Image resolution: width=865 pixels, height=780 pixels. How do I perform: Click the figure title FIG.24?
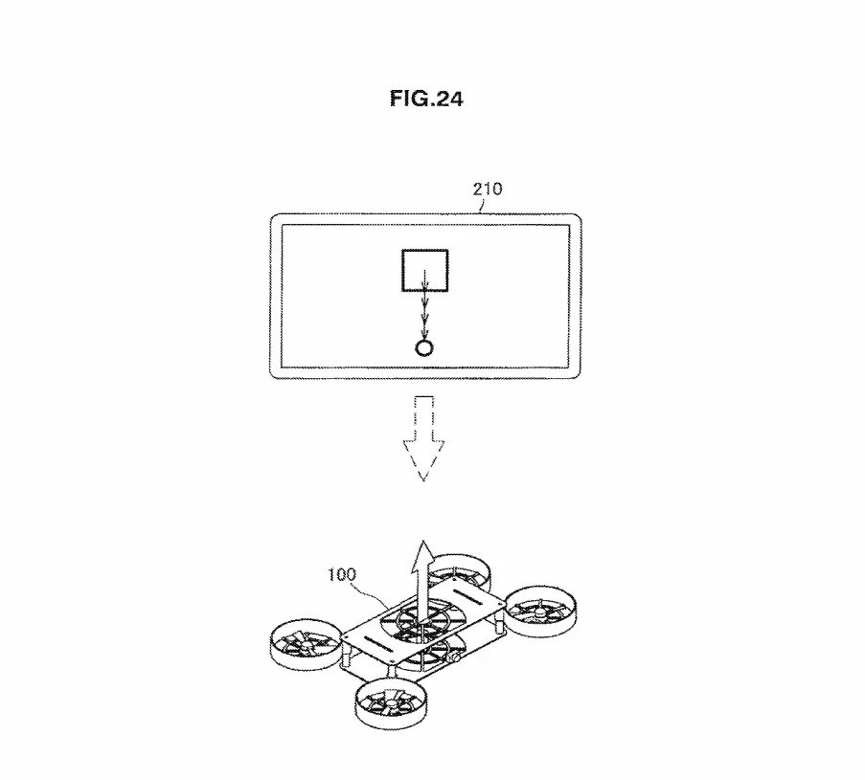coord(426,99)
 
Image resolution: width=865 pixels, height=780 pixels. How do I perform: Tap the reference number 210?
coord(488,189)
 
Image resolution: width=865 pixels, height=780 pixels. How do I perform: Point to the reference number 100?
coord(342,574)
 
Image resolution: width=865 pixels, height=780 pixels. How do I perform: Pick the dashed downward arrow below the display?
coord(423,438)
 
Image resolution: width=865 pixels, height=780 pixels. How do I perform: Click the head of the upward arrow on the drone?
coord(423,551)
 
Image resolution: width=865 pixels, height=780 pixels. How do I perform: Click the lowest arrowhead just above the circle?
coord(424,333)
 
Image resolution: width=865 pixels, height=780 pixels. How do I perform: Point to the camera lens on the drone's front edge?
coord(457,658)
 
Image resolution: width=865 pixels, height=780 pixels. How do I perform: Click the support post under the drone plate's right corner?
coord(499,627)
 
